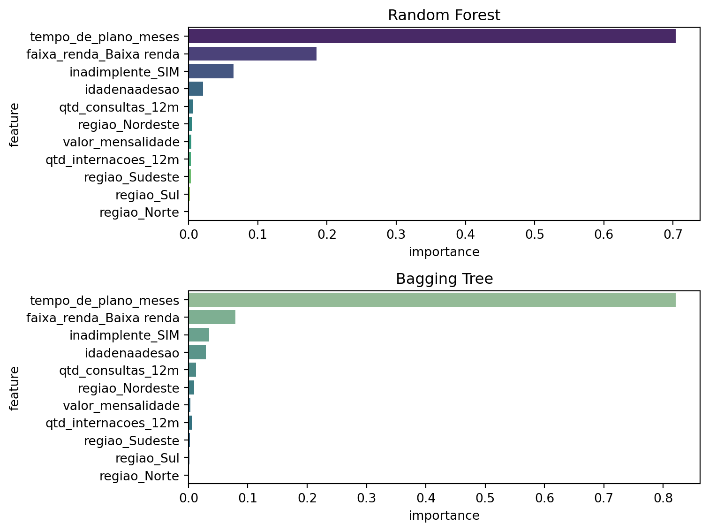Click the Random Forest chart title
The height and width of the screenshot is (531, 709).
[444, 15]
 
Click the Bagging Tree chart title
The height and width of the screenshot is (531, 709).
[444, 279]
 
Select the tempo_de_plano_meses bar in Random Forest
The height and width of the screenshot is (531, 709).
[431, 37]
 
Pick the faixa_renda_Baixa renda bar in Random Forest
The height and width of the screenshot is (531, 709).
[252, 54]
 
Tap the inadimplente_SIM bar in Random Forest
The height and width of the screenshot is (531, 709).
[211, 72]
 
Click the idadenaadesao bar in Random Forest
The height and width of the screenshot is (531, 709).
[196, 89]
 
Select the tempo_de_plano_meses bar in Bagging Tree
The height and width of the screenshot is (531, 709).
[431, 300]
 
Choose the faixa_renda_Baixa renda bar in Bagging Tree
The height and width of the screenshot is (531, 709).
[212, 318]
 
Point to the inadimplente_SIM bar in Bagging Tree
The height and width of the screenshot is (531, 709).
[199, 335]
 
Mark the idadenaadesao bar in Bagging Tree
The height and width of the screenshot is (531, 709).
[197, 353]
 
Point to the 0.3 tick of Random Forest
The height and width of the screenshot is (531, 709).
[396, 234]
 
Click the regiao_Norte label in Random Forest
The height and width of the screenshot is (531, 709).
[139, 213]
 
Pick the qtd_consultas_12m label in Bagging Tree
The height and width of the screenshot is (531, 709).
[119, 371]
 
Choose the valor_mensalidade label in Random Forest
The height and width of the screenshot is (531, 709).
[121, 142]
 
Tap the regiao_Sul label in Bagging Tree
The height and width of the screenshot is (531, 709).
[147, 458]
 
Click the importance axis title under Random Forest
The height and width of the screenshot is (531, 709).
[444, 252]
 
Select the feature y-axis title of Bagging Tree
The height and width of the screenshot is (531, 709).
[15, 388]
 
